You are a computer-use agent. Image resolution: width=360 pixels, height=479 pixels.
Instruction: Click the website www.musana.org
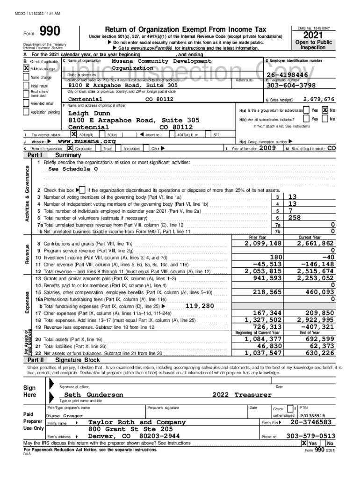[x=86, y=141]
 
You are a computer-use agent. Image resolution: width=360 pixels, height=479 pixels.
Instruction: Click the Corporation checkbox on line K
[x=70, y=148]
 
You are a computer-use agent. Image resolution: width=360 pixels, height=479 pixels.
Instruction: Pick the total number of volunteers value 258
[x=294, y=218]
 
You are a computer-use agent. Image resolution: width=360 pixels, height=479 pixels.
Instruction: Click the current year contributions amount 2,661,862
[x=316, y=243]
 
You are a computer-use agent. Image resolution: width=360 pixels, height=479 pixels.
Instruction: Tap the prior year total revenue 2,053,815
[x=263, y=271]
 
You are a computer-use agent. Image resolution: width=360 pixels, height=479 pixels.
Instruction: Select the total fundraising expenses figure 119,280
[x=200, y=306]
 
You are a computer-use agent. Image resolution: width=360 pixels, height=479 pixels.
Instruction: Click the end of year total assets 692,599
[x=319, y=339]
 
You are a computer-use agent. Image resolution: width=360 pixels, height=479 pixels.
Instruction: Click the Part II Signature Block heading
[x=77, y=360]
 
